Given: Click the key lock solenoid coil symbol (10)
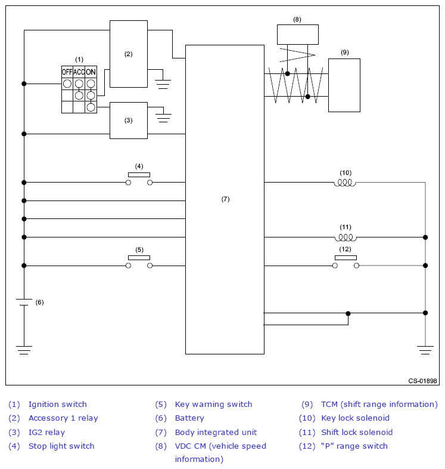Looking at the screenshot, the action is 345,183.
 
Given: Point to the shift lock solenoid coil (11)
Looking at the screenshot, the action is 346,238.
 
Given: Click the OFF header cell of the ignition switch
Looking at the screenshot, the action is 67,72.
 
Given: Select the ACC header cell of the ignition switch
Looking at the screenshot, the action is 79,72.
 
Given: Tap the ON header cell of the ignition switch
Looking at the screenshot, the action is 91,72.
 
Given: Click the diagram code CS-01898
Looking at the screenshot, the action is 422,381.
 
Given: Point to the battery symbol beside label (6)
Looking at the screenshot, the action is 24,302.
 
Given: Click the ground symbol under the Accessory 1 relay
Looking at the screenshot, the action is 163,84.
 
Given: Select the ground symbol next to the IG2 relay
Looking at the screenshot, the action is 163,118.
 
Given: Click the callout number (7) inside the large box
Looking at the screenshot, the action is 226,199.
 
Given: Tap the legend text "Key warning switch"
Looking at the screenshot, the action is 213,405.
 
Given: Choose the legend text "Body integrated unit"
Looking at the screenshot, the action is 216,432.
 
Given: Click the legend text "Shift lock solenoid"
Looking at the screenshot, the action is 357,432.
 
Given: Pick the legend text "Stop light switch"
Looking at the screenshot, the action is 61,446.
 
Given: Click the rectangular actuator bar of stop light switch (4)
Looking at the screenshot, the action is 139,175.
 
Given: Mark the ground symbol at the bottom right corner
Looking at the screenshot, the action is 425,350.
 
